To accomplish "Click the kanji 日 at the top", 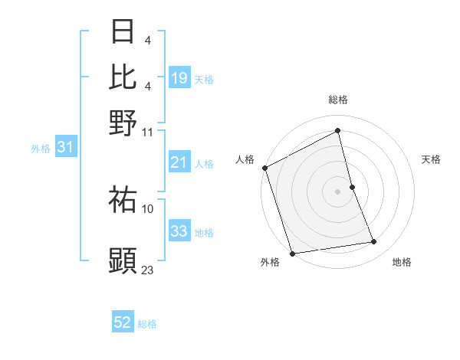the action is tap(123, 33).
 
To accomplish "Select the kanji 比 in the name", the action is tap(123, 77).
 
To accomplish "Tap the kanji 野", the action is tap(123, 122).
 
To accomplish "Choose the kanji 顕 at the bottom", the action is tap(123, 260).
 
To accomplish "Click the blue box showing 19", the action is tap(179, 77).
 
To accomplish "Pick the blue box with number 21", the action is tap(179, 162).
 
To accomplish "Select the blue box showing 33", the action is tap(179, 231).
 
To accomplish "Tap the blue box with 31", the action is tap(65, 148).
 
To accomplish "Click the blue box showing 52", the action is tap(123, 322).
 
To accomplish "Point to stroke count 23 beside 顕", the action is tap(148, 270).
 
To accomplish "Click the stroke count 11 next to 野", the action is tap(148, 131).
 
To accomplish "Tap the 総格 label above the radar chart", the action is tap(338, 100).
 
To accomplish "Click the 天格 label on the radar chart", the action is tap(431, 159).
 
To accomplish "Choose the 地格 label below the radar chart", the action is tap(402, 263).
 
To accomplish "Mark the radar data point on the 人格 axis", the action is tap(264, 168).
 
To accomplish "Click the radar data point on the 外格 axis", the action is tap(292, 254).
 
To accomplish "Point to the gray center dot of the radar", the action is tap(338, 191).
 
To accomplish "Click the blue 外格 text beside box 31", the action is tap(41, 149).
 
